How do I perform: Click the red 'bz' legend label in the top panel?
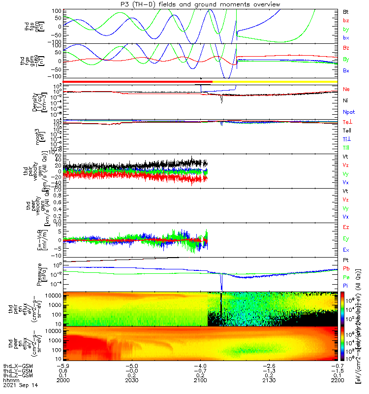tap(346, 20)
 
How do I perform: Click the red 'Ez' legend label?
tap(346, 228)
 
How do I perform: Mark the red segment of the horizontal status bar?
tap(138, 82)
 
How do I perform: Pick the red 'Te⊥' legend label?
tap(347, 122)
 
